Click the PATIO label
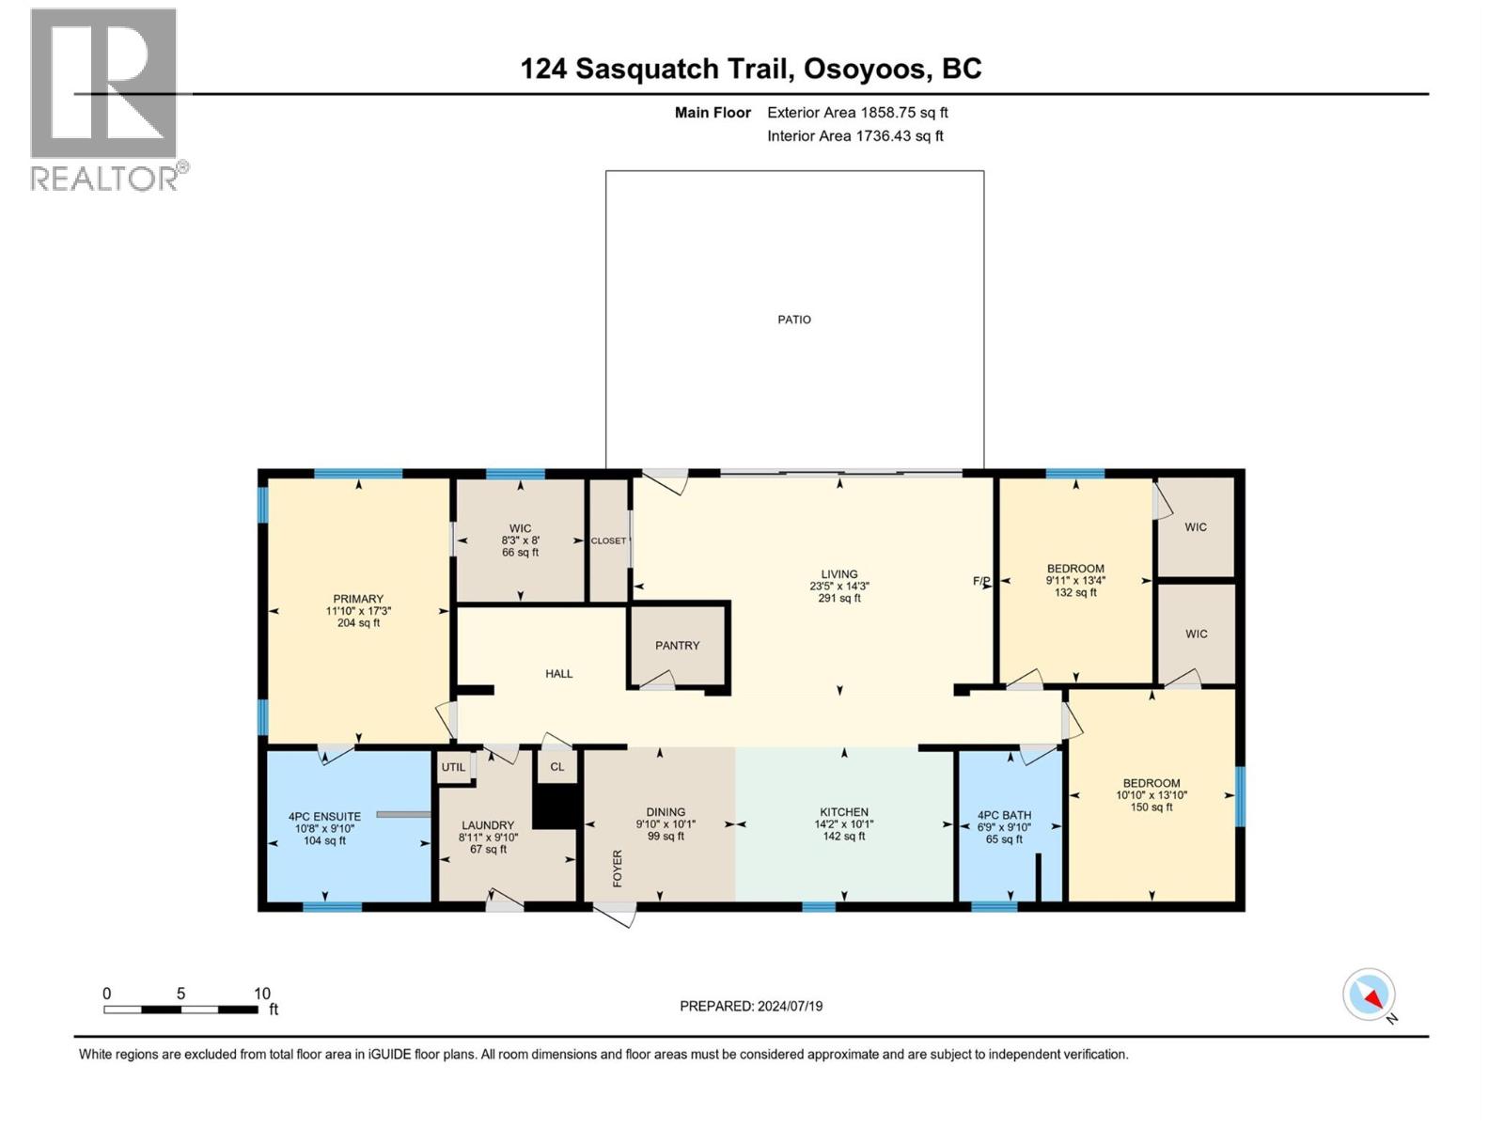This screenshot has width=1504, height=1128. (x=793, y=320)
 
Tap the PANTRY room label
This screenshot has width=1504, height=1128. (x=677, y=646)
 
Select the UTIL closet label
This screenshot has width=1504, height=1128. (x=453, y=767)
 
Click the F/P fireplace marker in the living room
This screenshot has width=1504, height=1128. (x=980, y=581)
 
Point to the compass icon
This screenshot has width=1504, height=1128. (x=1369, y=995)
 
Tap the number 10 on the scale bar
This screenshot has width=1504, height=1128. (x=262, y=994)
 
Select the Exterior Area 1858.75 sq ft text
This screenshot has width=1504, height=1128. (x=856, y=113)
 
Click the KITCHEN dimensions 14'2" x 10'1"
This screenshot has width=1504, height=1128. (x=843, y=824)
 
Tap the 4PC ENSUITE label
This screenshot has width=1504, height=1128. (x=324, y=817)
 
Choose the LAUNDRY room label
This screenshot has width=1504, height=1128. (x=488, y=825)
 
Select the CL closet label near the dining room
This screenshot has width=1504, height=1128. (x=557, y=767)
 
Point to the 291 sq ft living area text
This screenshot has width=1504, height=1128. (x=838, y=598)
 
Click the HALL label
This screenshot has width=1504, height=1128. (x=558, y=674)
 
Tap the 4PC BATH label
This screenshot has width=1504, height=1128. (x=1004, y=816)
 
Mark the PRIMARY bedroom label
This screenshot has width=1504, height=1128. (x=358, y=599)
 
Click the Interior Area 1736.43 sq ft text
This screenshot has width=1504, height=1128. (x=854, y=136)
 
